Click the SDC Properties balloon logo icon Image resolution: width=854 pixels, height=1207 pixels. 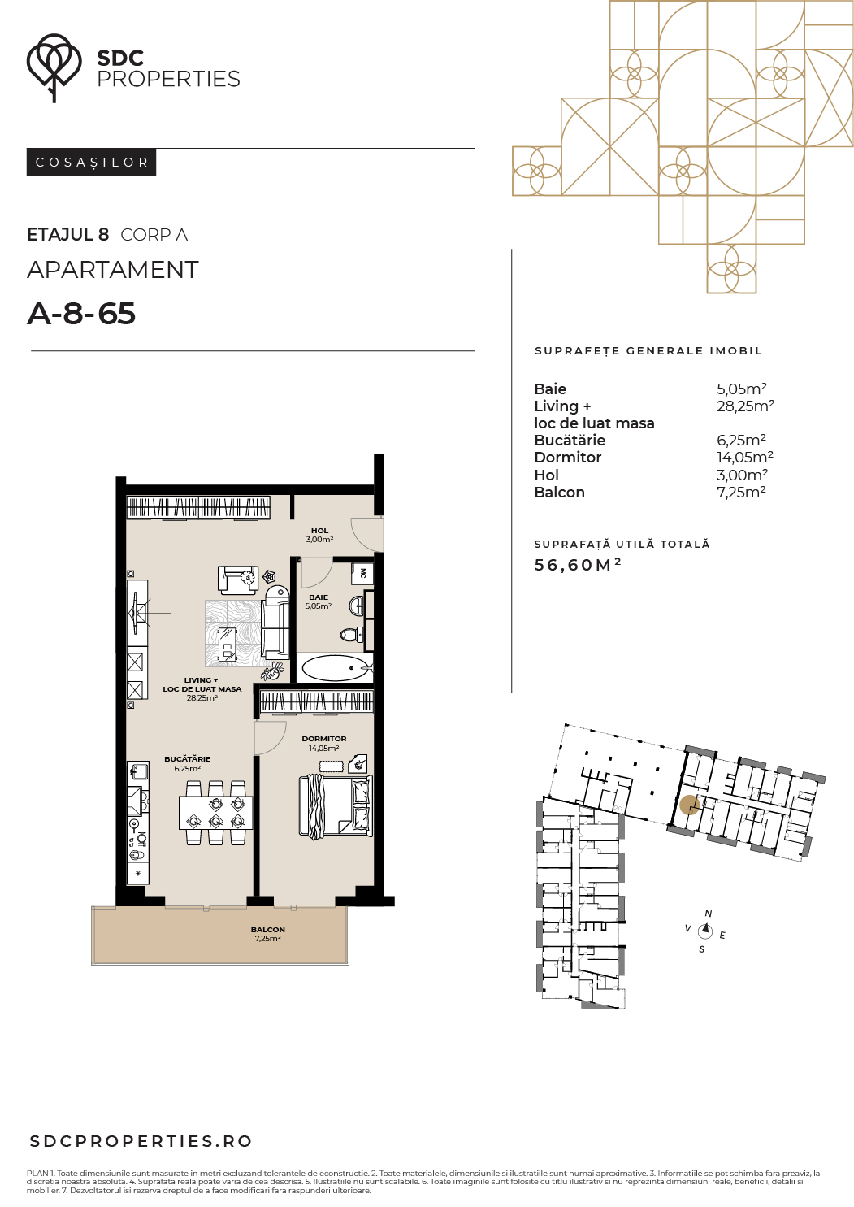click(54, 67)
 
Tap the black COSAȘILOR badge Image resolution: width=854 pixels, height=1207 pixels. click(91, 163)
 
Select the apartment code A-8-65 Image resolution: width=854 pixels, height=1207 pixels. click(81, 314)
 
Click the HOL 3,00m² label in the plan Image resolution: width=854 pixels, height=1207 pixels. click(319, 535)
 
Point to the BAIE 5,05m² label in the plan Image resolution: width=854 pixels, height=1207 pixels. click(318, 601)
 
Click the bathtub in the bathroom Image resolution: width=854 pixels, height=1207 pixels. click(335, 668)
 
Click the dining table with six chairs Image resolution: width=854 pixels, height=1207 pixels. click(215, 813)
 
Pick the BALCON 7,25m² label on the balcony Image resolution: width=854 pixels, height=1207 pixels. click(268, 934)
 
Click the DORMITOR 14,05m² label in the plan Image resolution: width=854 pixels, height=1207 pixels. click(324, 743)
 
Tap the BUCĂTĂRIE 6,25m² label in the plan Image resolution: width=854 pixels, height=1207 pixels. click(188, 763)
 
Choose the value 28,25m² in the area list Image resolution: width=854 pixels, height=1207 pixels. click(745, 406)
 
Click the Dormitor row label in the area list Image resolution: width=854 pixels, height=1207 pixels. click(567, 458)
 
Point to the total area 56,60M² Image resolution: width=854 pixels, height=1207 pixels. click(578, 564)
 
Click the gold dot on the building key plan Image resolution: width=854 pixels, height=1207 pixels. click(689, 805)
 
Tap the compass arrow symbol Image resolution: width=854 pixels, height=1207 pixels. click(705, 930)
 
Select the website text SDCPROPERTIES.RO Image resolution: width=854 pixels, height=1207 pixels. click(141, 1141)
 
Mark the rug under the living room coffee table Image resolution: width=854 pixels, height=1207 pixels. click(235, 633)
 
